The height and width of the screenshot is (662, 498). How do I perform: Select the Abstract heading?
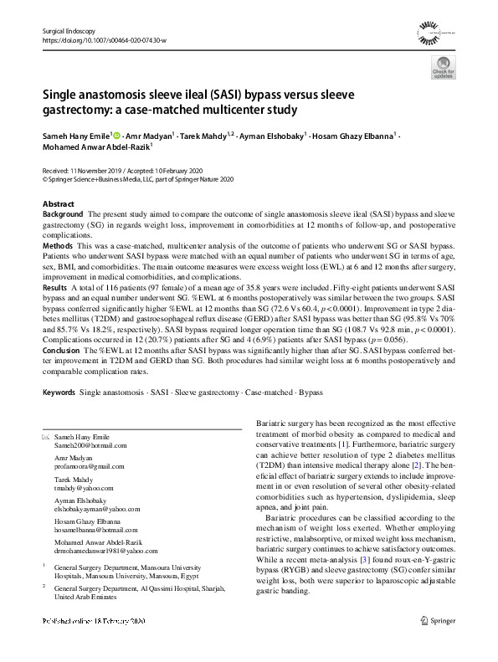[58, 204]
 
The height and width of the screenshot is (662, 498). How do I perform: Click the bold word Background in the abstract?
[62, 215]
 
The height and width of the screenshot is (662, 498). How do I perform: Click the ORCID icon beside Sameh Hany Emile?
[116, 135]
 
